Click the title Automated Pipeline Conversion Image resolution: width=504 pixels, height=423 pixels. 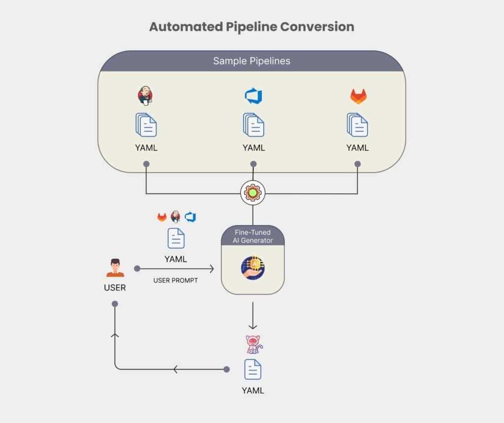(252, 27)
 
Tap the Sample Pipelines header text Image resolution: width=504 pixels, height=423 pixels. (252, 61)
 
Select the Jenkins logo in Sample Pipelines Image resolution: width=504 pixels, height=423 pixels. (145, 95)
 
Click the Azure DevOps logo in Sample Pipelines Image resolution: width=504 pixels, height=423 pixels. (253, 96)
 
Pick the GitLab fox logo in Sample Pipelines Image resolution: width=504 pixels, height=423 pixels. (358, 96)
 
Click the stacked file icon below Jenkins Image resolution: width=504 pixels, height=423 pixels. (146, 125)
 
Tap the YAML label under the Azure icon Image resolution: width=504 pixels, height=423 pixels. (253, 148)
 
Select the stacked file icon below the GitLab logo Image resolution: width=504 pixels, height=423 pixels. (357, 125)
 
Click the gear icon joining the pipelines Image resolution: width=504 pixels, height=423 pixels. (253, 193)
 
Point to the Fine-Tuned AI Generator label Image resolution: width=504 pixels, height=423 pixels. (252, 236)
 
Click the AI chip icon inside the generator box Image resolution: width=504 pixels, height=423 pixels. (253, 268)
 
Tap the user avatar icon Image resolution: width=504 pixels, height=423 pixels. (115, 268)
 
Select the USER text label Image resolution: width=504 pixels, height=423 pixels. (115, 288)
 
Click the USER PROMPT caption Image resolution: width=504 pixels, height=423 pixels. (176, 280)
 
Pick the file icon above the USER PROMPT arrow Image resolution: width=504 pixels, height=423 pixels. (176, 238)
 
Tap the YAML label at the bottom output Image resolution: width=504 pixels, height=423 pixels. (253, 391)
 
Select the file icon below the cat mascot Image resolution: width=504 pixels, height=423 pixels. (253, 369)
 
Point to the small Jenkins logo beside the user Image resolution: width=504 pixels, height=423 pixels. (176, 216)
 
